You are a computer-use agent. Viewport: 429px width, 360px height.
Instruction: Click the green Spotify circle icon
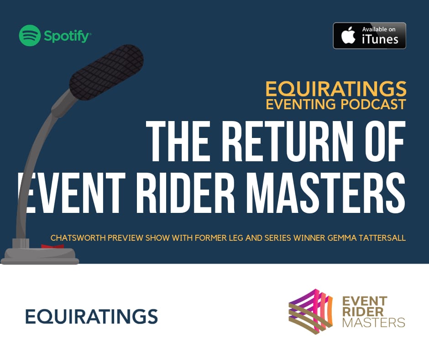click(30, 36)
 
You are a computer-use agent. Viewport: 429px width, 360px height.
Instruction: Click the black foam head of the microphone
click(106, 71)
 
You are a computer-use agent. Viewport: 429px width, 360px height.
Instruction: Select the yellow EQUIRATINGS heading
click(335, 88)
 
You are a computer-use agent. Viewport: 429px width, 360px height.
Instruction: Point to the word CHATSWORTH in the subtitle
click(76, 238)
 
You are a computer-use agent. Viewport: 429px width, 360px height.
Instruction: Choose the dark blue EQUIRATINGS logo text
click(91, 316)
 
